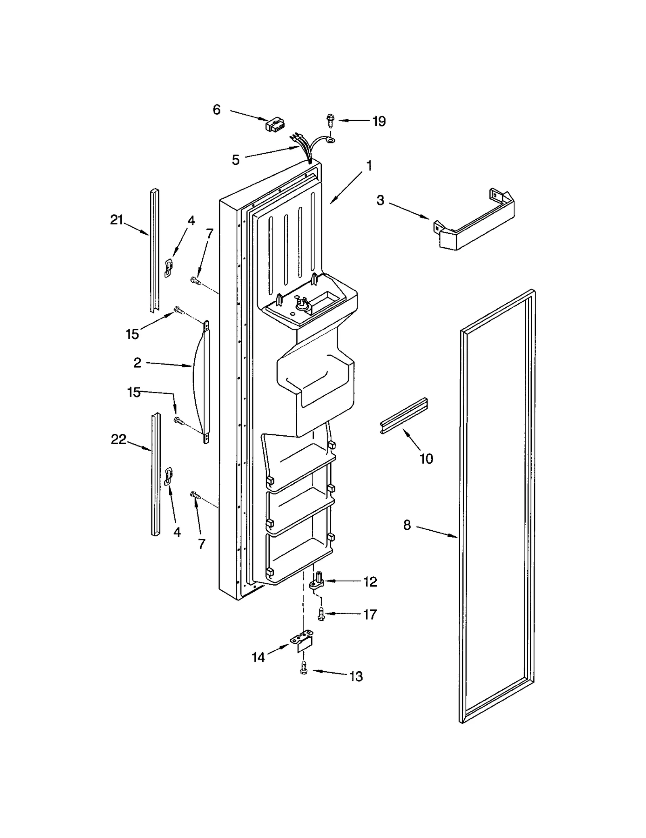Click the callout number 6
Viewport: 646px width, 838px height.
(x=217, y=109)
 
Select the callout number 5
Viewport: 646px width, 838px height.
(x=235, y=160)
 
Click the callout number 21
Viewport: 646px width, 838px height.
(x=117, y=220)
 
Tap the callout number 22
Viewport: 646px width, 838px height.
(x=119, y=439)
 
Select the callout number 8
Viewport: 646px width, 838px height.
(x=407, y=525)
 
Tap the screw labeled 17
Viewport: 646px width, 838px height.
(x=321, y=614)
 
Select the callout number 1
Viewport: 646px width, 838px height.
(x=369, y=166)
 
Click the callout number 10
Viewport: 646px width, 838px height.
(x=426, y=458)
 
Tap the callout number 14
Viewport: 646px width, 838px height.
(x=258, y=657)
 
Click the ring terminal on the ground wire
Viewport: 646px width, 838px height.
(x=331, y=140)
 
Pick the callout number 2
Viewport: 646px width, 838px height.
(x=137, y=363)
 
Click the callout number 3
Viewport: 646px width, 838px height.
(x=380, y=200)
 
